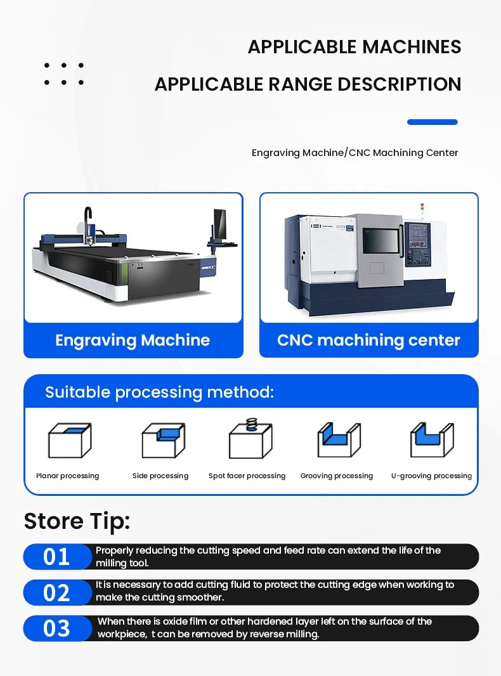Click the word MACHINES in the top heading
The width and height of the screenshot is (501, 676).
(411, 47)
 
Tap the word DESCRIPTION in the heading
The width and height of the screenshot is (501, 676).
(400, 84)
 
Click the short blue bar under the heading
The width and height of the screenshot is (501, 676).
(432, 122)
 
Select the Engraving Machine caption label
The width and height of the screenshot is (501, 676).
(133, 340)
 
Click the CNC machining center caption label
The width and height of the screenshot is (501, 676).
(368, 340)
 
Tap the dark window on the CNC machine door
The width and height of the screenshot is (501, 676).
(381, 240)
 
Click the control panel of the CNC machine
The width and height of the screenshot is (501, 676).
(418, 244)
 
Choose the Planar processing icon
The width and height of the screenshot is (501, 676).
(69, 441)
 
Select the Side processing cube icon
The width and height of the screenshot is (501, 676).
(164, 441)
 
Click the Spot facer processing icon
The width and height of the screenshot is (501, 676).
(251, 439)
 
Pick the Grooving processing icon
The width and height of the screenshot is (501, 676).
(339, 439)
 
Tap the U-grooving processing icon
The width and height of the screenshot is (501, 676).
(432, 439)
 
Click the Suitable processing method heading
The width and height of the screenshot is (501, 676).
(160, 393)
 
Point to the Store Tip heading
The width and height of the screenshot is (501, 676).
(77, 521)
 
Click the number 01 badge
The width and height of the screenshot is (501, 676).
(57, 557)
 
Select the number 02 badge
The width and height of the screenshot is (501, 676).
(57, 592)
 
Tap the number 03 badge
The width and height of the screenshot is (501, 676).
(57, 628)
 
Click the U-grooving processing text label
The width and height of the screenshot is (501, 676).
(432, 476)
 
